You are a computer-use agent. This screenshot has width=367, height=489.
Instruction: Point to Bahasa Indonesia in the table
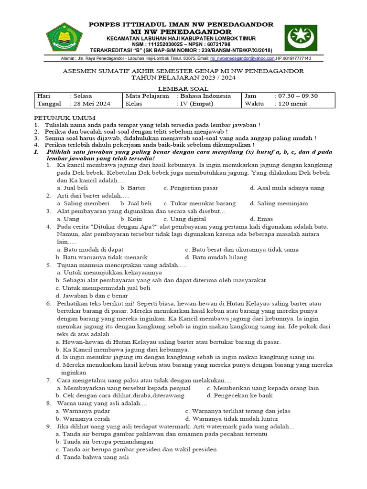[205, 96]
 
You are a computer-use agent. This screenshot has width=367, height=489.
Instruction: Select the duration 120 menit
[292, 103]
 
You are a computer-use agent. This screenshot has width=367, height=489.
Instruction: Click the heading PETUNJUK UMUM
[65, 118]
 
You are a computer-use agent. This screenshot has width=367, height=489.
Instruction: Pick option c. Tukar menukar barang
[200, 203]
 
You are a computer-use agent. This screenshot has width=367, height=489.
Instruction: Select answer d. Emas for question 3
[261, 219]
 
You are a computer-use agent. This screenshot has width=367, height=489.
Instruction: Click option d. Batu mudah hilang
[216, 257]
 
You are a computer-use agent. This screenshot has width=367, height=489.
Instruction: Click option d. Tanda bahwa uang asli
[92, 457]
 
